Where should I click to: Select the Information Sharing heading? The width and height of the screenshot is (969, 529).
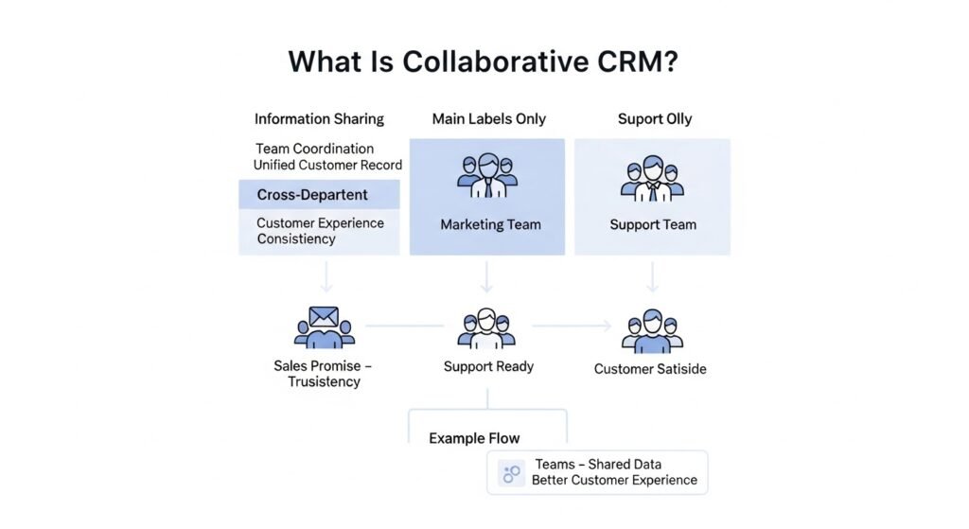[x=319, y=119]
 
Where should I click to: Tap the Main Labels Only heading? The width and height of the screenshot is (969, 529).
[x=488, y=119]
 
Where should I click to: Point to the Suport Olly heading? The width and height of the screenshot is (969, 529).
[x=654, y=119]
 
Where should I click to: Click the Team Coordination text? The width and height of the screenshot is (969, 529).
[x=314, y=149]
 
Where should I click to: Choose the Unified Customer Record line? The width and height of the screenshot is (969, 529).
[x=327, y=165]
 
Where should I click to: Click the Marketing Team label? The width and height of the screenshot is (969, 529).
[x=490, y=225]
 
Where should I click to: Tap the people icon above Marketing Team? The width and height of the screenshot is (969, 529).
[x=487, y=176]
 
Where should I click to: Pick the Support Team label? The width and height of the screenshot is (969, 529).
[x=652, y=225]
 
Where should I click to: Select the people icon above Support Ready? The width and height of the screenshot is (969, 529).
[x=486, y=327]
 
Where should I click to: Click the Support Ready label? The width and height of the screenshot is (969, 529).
[x=488, y=366]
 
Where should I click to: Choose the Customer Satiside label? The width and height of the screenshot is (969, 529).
[x=650, y=369]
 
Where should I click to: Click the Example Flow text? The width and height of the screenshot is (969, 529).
[x=474, y=438]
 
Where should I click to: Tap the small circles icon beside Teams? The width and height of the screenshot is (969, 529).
[x=512, y=472]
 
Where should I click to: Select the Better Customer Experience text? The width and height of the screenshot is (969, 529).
[x=614, y=480]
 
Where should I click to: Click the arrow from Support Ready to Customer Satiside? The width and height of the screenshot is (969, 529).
[x=572, y=326]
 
